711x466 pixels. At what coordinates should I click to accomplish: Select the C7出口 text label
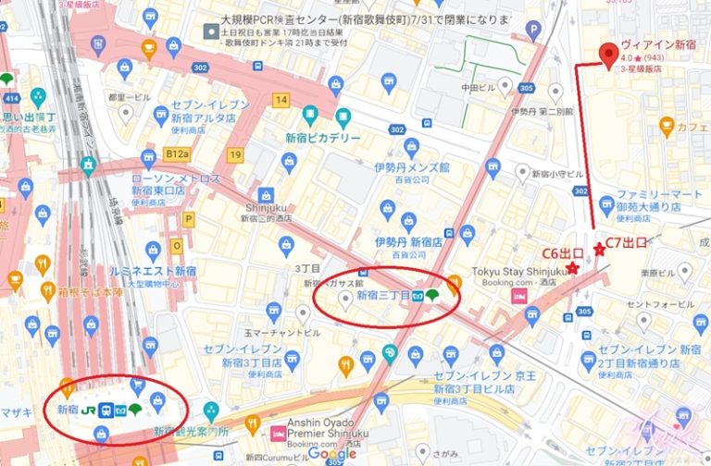(x=626, y=244)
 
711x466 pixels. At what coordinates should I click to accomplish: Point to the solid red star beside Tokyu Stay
(x=573, y=268)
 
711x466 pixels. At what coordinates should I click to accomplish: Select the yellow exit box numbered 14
(x=281, y=99)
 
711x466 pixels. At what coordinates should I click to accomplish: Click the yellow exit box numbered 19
(x=236, y=154)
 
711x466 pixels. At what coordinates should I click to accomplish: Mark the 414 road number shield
(x=9, y=97)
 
